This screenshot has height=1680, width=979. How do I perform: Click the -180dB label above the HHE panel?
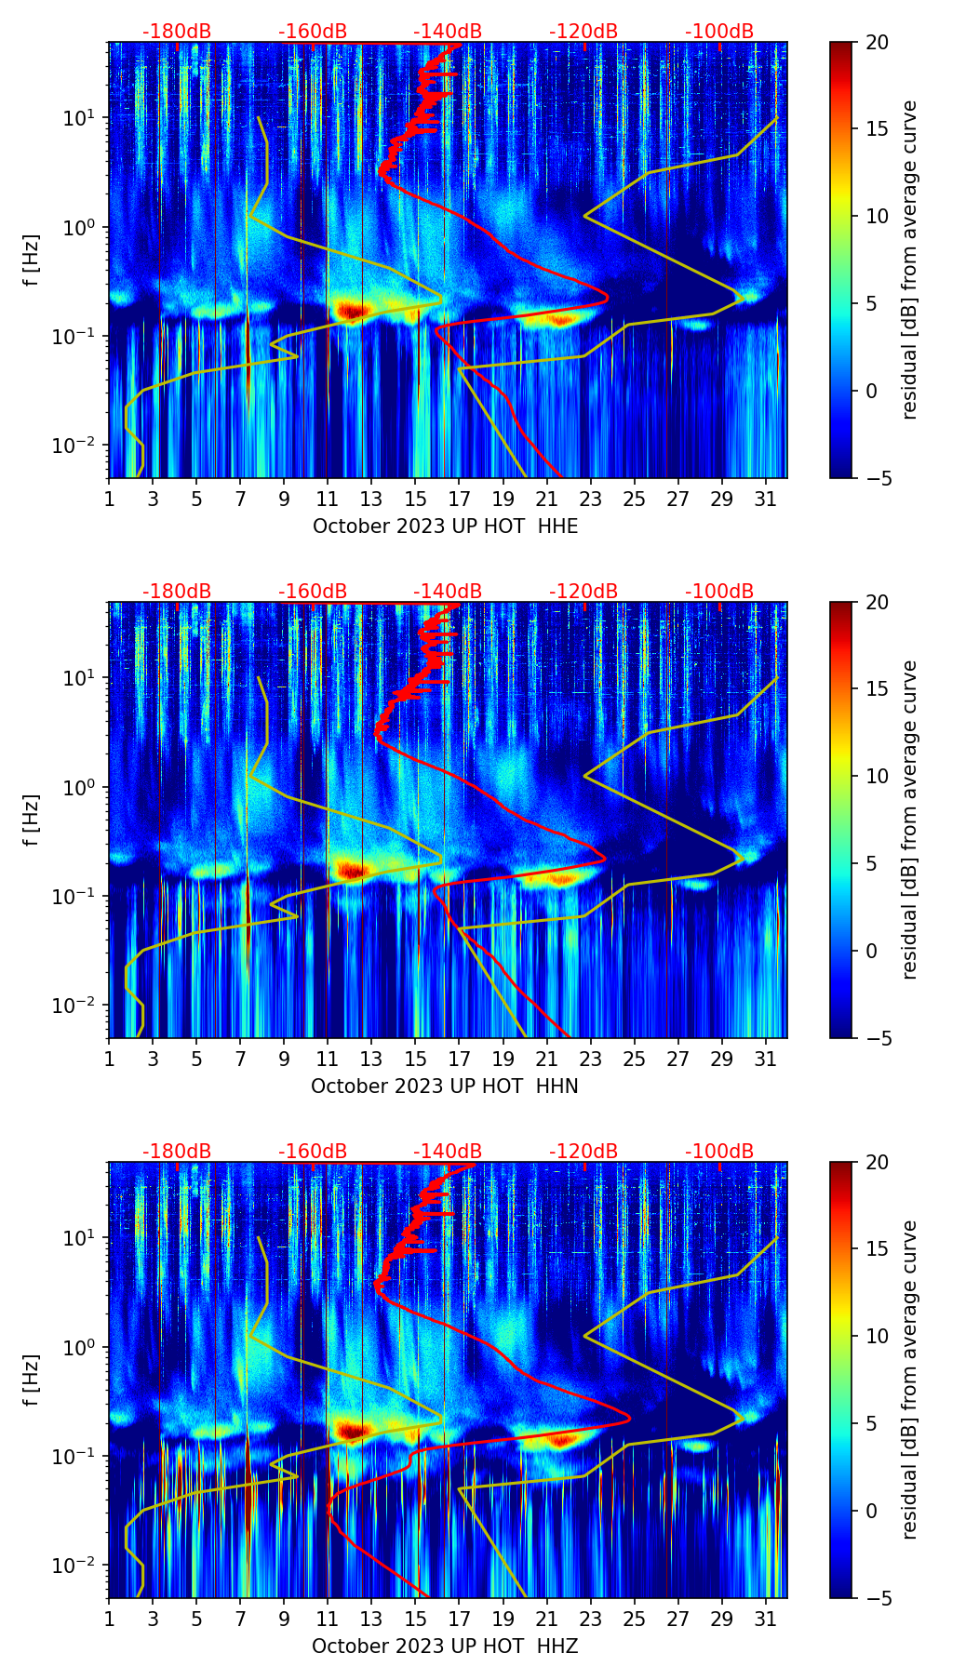click(177, 32)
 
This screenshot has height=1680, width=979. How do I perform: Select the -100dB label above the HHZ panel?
click(719, 1152)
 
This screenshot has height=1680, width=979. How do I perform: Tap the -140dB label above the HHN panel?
click(448, 592)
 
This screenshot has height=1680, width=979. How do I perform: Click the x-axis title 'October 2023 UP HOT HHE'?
click(445, 527)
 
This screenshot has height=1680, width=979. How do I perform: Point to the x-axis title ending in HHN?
click(445, 1087)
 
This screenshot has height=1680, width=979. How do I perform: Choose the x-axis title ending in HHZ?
click(445, 1647)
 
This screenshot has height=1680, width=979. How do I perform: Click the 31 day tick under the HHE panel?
click(766, 500)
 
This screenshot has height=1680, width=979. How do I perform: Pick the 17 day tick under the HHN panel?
click(460, 1060)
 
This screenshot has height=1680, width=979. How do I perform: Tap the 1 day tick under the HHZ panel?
click(110, 1620)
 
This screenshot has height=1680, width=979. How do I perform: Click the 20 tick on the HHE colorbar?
click(878, 42)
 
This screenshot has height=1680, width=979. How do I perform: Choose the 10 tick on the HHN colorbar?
click(878, 776)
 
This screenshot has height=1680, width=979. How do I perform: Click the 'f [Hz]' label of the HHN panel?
click(32, 820)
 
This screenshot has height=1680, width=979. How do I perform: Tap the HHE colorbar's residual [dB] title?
click(910, 260)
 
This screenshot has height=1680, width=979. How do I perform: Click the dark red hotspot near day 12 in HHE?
click(350, 311)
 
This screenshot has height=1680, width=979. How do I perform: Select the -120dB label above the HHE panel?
click(583, 32)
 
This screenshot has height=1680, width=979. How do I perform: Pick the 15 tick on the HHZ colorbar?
click(878, 1248)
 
